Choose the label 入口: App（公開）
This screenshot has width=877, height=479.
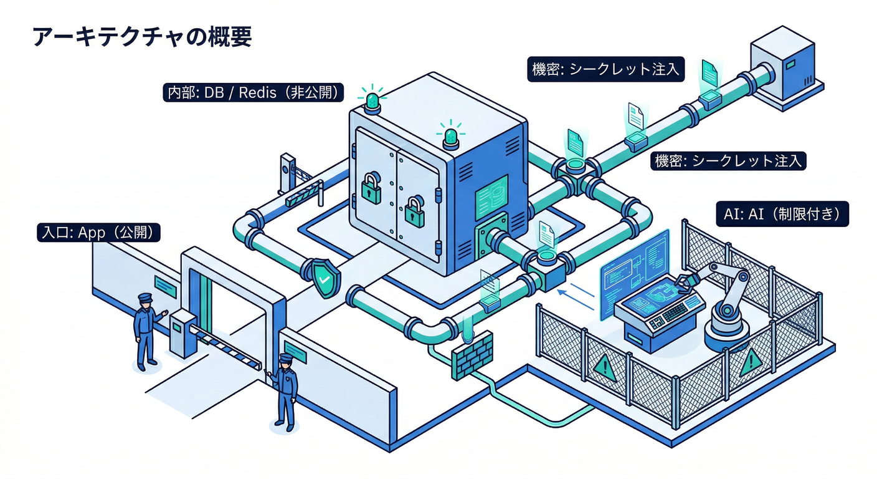coord(99,233)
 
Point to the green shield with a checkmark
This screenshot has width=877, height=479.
coord(323,277)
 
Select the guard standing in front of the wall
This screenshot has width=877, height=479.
coord(285,390)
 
